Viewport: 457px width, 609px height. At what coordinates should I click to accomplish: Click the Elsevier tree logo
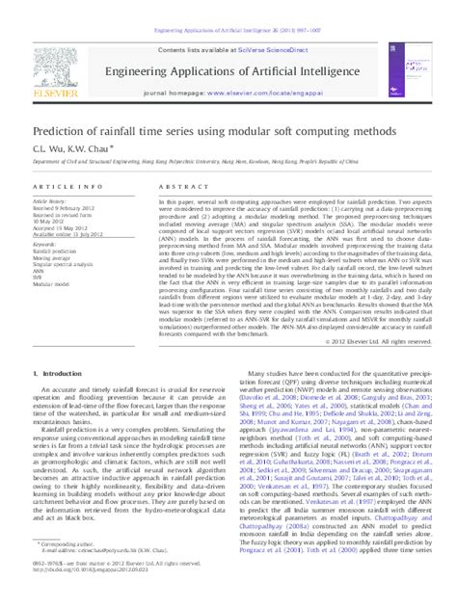[x=53, y=65]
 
